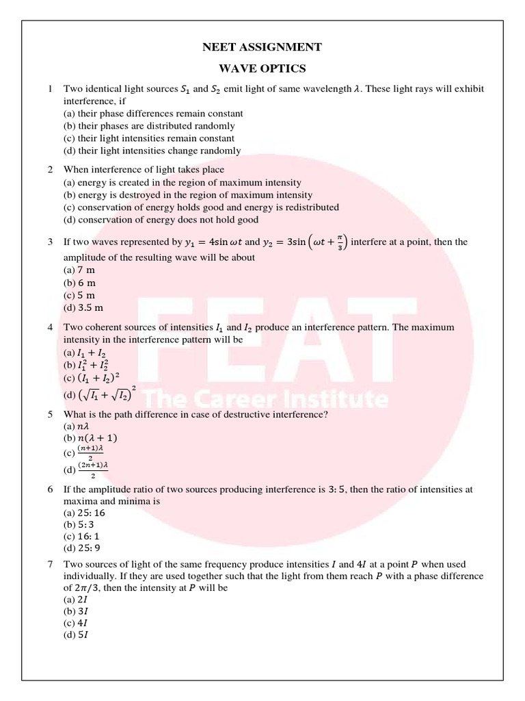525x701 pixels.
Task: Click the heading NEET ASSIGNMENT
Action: point(262,47)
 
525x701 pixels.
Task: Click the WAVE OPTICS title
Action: point(262,69)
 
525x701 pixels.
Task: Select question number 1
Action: point(50,89)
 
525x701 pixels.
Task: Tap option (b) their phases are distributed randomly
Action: point(149,126)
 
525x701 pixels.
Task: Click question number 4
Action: point(50,327)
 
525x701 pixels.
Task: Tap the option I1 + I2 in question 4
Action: point(89,352)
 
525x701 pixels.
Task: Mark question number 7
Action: point(50,565)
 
